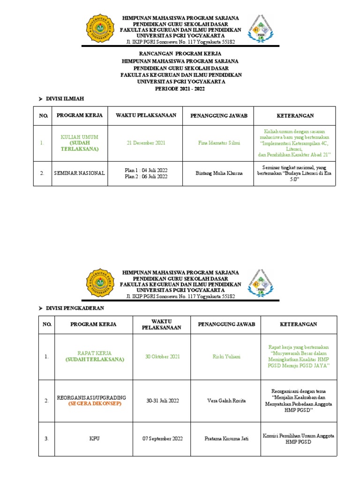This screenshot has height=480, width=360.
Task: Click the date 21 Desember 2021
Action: click(146, 143)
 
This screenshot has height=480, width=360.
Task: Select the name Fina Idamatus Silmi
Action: click(218, 143)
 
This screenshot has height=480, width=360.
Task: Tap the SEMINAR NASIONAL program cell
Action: click(79, 173)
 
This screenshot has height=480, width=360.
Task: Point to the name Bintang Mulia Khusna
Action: click(219, 173)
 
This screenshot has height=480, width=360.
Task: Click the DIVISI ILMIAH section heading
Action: click(64, 98)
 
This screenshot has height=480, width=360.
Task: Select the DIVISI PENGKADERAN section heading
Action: click(75, 308)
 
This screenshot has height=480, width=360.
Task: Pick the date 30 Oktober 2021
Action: click(162, 357)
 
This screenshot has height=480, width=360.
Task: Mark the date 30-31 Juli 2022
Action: click(162, 401)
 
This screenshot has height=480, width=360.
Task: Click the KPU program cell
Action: click(94, 439)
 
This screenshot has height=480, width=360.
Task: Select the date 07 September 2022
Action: click(162, 439)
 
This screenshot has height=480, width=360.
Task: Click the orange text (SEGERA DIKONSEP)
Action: click(94, 404)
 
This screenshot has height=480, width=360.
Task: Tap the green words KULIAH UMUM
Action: click(79, 137)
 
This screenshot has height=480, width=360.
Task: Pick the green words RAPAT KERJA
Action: click(94, 353)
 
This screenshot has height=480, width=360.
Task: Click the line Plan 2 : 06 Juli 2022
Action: click(146, 177)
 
